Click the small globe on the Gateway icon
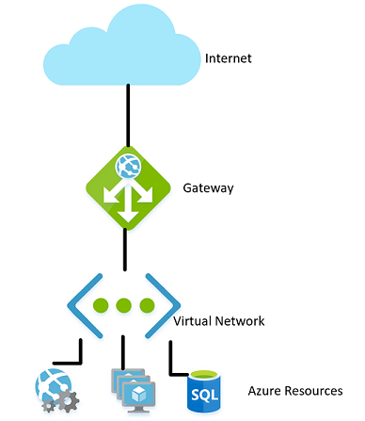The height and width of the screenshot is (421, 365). click(x=125, y=168)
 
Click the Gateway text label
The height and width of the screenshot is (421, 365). click(x=208, y=188)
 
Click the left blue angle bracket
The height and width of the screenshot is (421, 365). click(x=82, y=307)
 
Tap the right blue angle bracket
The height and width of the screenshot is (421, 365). click(x=166, y=307)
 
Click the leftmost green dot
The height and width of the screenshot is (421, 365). click(x=103, y=307)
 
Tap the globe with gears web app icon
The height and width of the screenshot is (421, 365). click(x=56, y=389)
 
